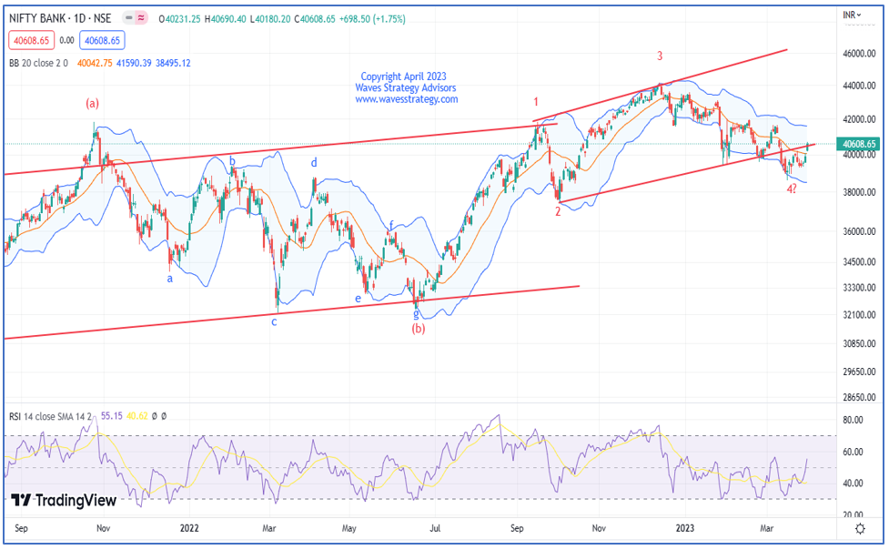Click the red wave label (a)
click(93, 104)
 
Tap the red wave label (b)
click(418, 328)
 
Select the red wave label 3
click(660, 56)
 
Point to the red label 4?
click(792, 189)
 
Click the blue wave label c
click(274, 321)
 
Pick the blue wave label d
click(314, 163)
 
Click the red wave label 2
click(559, 212)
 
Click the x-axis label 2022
click(189, 527)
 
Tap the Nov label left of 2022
click(104, 527)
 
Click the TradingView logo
click(64, 500)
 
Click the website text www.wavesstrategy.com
click(406, 99)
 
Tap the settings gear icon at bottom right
click(860, 527)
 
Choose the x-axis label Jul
click(436, 527)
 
